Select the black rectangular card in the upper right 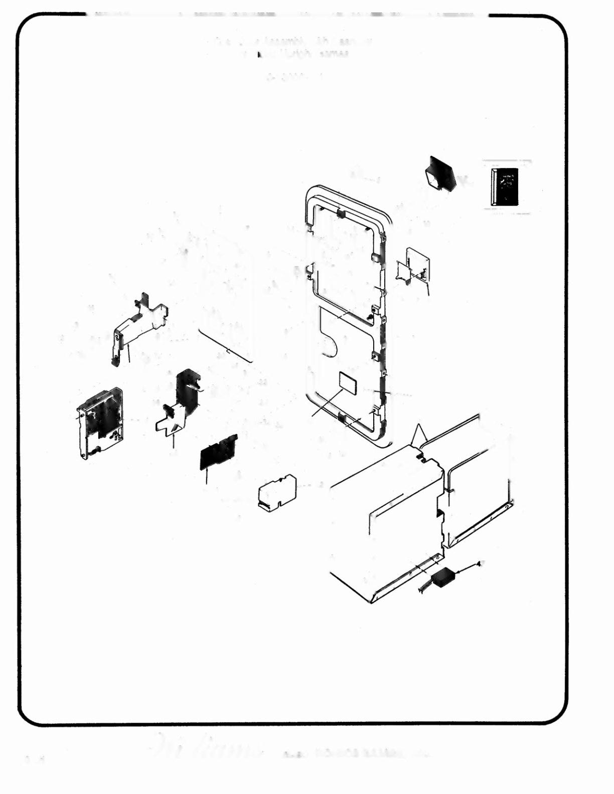505,186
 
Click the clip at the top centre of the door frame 340,213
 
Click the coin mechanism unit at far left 100,422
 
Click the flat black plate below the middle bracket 218,452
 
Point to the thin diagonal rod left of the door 225,346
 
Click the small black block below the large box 443,577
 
